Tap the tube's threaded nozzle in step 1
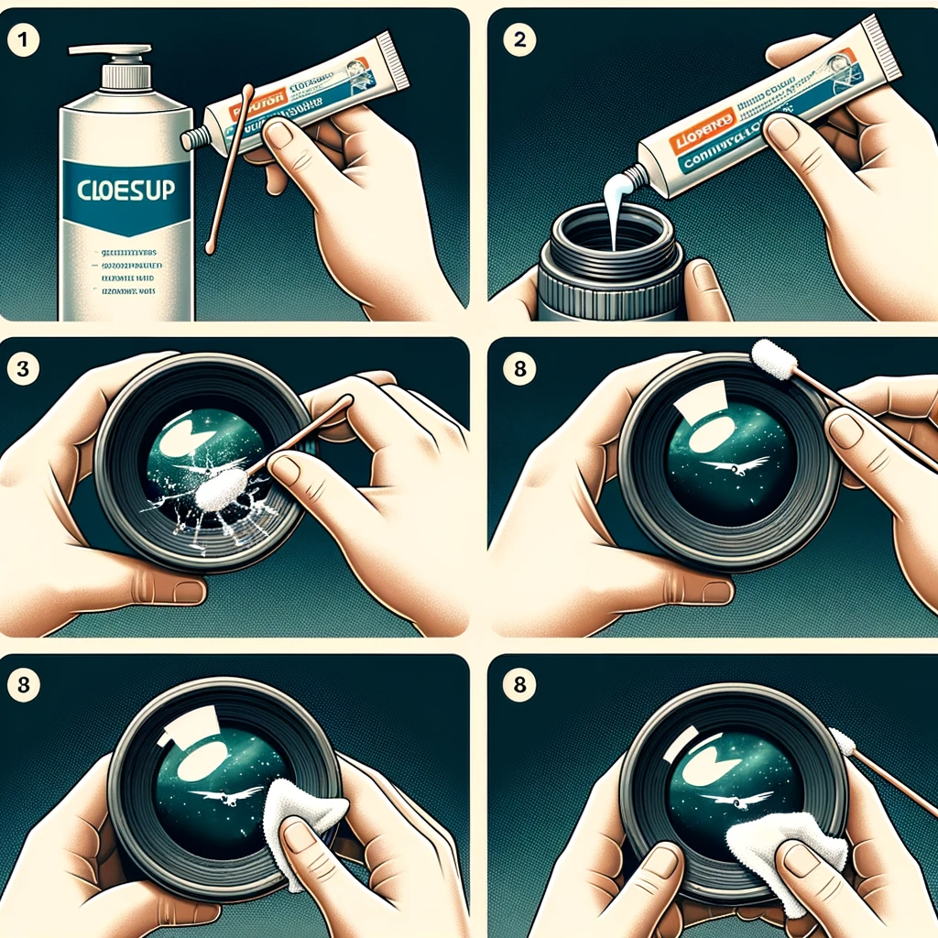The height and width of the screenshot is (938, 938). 193,137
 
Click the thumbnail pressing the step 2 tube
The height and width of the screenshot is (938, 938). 782,133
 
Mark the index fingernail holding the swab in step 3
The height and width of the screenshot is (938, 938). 286,469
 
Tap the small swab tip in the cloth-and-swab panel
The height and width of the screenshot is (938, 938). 842,740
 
